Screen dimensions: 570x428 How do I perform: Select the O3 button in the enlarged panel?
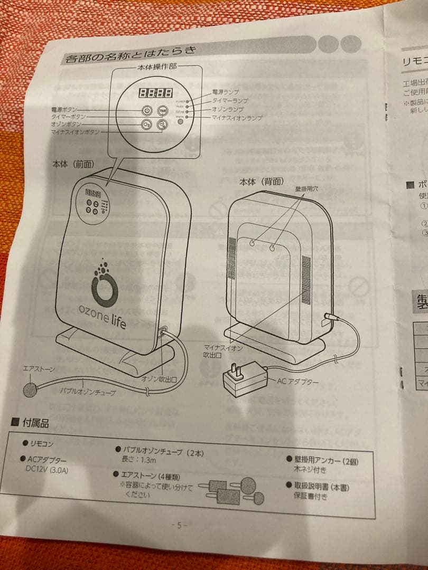pyautogui.click(x=147, y=125)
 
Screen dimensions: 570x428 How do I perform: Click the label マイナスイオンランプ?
pyautogui.click(x=237, y=118)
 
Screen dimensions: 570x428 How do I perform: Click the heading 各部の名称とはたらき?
pyautogui.click(x=130, y=54)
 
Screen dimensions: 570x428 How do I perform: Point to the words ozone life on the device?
pyautogui.click(x=103, y=313)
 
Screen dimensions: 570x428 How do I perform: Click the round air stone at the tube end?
pyautogui.click(x=30, y=390)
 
